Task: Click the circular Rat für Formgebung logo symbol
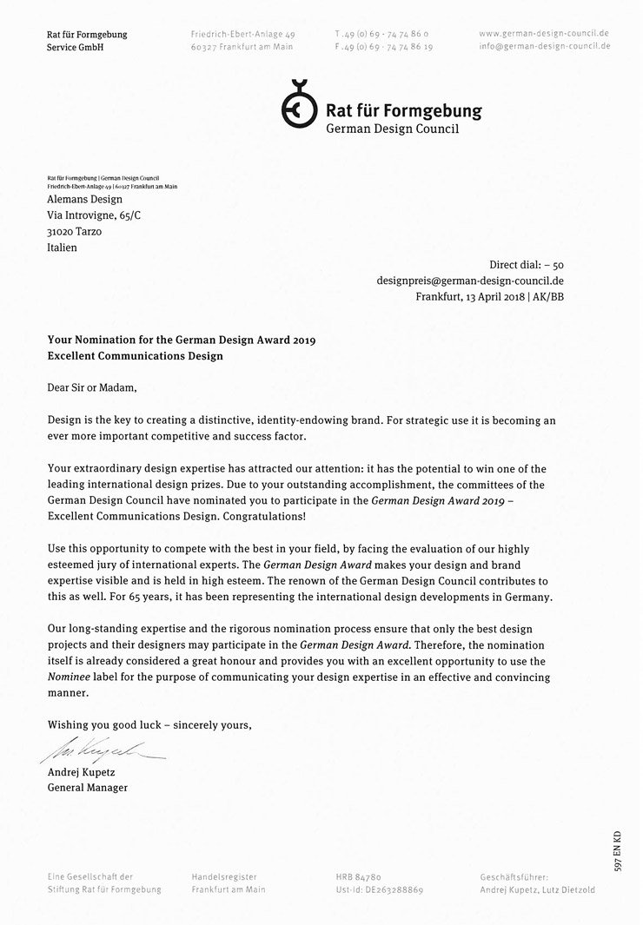pos(300,105)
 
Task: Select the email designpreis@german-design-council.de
pos(470,281)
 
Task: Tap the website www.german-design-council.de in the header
pos(544,33)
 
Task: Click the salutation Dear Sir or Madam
pos(92,387)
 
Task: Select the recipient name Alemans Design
pos(84,199)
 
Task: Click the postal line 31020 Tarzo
pos(74,232)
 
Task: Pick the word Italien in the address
pos(62,248)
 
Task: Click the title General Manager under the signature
pos(87,788)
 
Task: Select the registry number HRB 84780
pos(358,877)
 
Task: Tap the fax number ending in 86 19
pos(384,47)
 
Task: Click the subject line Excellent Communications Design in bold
pos(135,356)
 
